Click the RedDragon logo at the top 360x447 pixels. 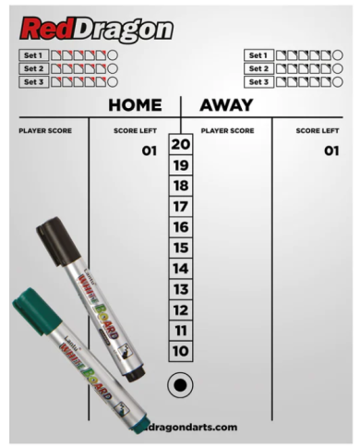pyautogui.click(x=96, y=29)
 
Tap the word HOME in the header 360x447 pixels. pyautogui.click(x=135, y=105)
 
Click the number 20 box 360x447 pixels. pyautogui.click(x=181, y=144)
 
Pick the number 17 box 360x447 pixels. pyautogui.click(x=181, y=206)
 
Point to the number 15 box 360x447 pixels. pyautogui.click(x=181, y=248)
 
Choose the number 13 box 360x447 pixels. pyautogui.click(x=181, y=289)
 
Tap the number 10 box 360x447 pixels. pyautogui.click(x=181, y=351)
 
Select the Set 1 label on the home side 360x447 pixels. pyautogui.click(x=34, y=55)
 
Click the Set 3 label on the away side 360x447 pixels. pyautogui.click(x=258, y=81)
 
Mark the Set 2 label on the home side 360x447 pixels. pyautogui.click(x=34, y=68)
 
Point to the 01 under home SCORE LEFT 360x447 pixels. pyautogui.click(x=150, y=151)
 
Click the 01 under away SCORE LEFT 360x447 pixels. pyautogui.click(x=331, y=151)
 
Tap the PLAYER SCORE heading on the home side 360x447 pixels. pyautogui.click(x=45, y=130)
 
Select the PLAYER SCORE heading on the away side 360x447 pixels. pyautogui.click(x=227, y=130)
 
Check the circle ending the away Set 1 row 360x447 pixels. pyautogui.click(x=341, y=55)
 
